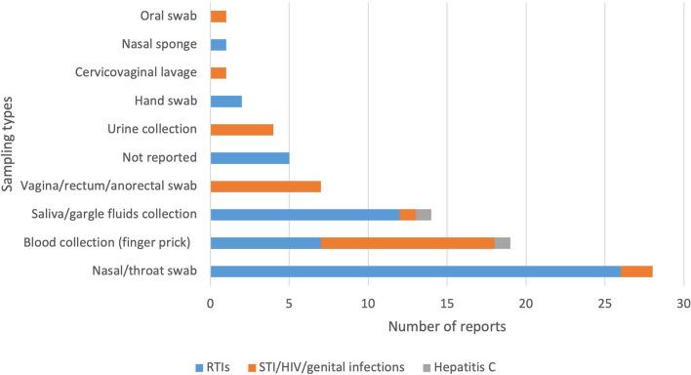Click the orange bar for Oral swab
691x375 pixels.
[x=219, y=17]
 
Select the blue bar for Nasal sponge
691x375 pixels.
[x=219, y=45]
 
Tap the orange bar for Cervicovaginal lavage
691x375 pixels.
[x=219, y=73]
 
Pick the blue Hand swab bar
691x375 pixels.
[x=226, y=102]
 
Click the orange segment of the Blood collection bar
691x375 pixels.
[x=408, y=243]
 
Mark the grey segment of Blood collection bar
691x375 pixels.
[x=503, y=243]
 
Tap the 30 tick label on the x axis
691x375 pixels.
[x=683, y=304]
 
